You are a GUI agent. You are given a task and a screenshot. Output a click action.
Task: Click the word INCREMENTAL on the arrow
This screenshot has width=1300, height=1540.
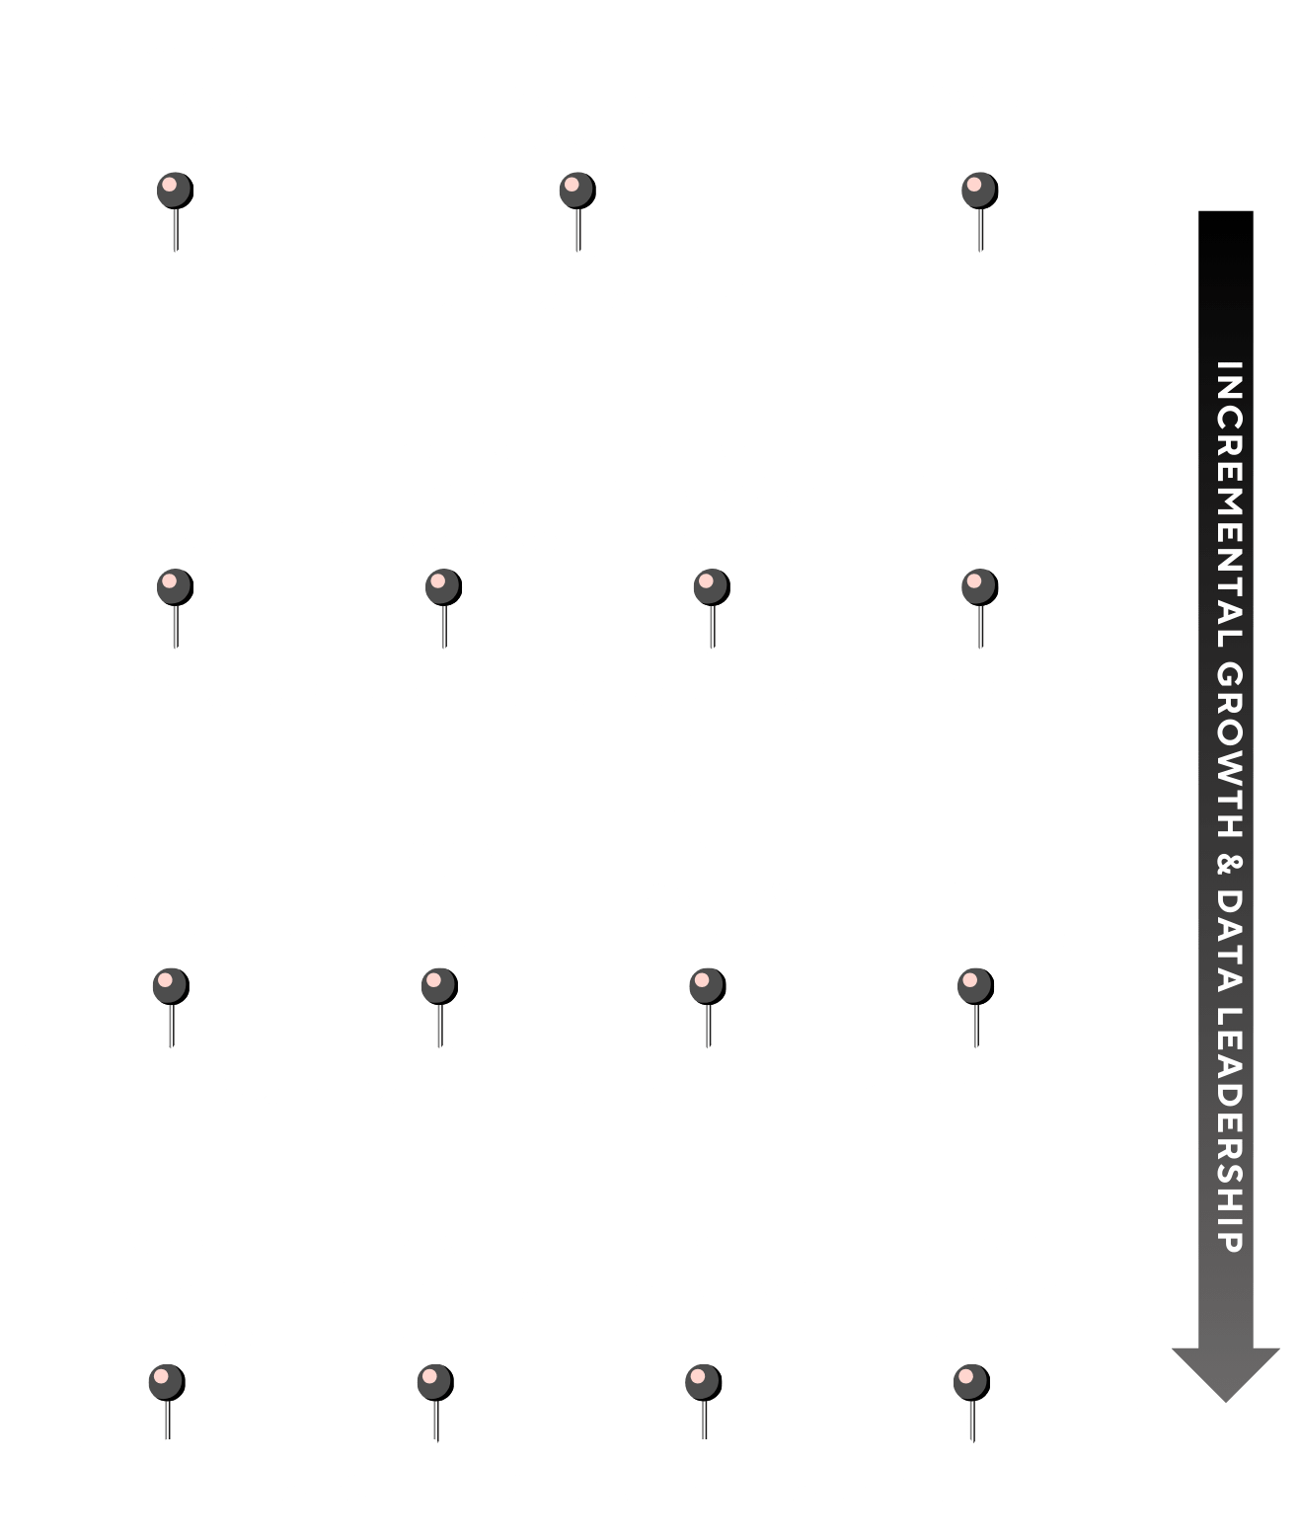click(1229, 505)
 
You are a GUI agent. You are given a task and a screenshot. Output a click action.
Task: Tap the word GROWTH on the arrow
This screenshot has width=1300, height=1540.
click(1229, 749)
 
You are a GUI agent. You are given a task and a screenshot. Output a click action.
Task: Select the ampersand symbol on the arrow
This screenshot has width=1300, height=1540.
click(1229, 864)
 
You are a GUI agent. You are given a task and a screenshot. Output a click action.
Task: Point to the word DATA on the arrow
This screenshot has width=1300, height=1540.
click(1229, 940)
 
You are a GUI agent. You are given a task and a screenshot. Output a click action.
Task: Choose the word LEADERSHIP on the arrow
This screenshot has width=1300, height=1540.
click(1229, 1129)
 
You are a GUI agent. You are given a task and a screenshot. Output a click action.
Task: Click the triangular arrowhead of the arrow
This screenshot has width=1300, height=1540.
click(1226, 1374)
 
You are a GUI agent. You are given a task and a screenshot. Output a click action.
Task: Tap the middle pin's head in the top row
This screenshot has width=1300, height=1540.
click(577, 192)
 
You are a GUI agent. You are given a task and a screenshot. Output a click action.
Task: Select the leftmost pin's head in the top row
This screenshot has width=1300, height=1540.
click(175, 192)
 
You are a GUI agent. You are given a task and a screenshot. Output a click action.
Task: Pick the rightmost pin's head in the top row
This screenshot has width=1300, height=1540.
click(979, 192)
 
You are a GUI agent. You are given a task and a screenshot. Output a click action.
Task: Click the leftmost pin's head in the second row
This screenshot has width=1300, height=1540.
click(175, 587)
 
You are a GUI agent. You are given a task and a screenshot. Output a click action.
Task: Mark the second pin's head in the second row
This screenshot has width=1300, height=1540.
click(443, 587)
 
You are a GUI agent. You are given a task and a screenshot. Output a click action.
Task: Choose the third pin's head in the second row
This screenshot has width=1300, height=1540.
click(712, 587)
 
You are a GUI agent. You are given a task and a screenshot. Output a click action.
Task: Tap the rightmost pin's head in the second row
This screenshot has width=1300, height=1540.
click(979, 587)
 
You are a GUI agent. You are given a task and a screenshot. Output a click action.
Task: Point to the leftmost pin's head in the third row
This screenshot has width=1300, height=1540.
click(171, 986)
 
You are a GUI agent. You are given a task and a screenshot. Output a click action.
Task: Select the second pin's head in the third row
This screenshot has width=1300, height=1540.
click(439, 986)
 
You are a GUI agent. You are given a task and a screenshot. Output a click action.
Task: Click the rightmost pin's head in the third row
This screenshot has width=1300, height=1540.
click(975, 986)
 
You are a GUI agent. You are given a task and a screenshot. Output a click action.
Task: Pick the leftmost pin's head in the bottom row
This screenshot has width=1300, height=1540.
click(167, 1382)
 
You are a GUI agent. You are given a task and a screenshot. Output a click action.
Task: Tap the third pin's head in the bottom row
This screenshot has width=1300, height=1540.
click(704, 1382)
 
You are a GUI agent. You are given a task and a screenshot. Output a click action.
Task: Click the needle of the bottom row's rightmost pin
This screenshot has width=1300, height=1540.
click(972, 1421)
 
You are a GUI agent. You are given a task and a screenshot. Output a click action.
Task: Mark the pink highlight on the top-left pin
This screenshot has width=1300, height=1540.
click(170, 185)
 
